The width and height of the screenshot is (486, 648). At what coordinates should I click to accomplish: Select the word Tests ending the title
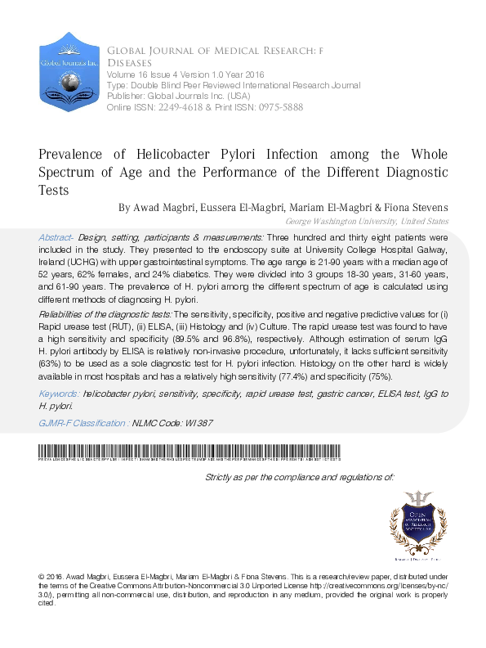pos(54,190)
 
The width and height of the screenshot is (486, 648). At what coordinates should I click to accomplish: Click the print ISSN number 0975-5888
pos(282,107)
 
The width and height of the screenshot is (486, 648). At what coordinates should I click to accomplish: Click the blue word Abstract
pos(57,236)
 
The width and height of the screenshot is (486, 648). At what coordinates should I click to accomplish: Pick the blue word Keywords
pos(60,394)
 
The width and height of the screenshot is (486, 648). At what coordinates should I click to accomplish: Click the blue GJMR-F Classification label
pos(84,423)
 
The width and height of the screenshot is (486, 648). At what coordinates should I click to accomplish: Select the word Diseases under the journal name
pos(127,62)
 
